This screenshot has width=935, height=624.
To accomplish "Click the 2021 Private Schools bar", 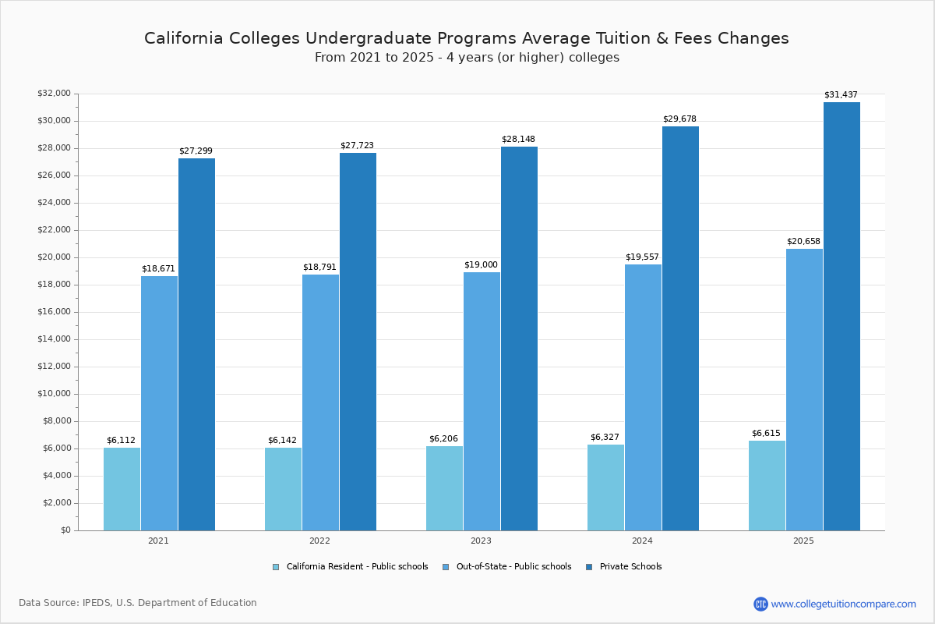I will [x=196, y=344].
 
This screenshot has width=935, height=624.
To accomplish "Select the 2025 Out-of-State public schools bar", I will [x=804, y=389].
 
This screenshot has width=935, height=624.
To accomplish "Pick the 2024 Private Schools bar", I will [x=680, y=328].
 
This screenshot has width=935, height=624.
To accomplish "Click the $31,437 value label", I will [x=841, y=95].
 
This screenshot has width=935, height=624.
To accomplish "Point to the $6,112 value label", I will [x=121, y=441].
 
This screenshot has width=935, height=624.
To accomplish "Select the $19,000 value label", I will [x=481, y=265].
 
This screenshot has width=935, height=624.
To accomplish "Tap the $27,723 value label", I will [x=357, y=146].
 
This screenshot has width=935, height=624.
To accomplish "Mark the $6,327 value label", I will [x=605, y=438].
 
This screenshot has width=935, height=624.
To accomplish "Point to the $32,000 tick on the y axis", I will [x=54, y=94].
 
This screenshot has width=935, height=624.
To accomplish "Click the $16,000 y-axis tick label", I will [x=54, y=312].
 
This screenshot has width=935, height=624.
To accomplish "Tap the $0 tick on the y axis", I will [x=65, y=530].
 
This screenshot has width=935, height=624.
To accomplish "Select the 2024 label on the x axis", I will [x=642, y=541].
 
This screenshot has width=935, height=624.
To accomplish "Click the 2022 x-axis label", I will [x=319, y=541].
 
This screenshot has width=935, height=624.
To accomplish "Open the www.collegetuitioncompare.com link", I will [x=843, y=604].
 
